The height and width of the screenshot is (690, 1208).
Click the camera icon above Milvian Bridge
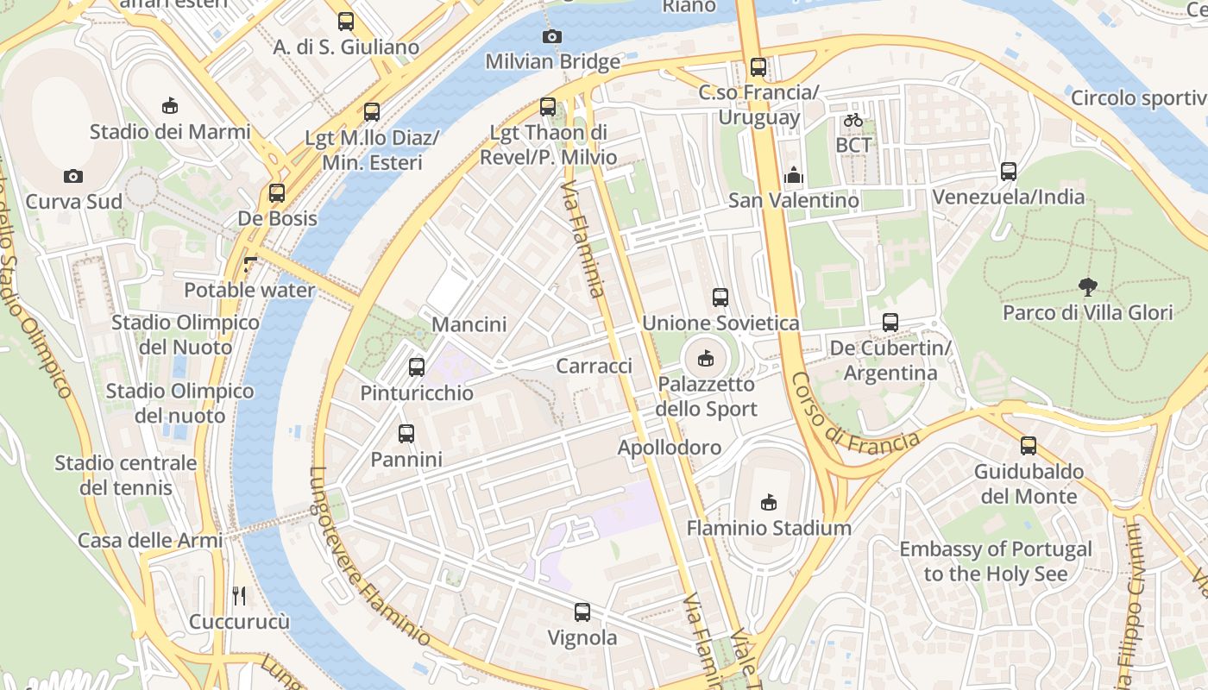point(551,36)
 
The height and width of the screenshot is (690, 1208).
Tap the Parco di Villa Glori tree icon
point(1087,286)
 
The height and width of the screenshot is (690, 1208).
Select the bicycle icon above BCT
point(853,120)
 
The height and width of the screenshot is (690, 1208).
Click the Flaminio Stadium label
point(769,528)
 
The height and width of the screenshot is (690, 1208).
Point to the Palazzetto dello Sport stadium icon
point(706,358)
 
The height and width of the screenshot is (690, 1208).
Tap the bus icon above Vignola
point(582,612)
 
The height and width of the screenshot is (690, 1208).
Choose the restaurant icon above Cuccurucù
point(239,595)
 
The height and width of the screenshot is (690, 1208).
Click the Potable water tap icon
point(250,265)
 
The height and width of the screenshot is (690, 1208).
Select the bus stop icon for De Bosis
point(277,193)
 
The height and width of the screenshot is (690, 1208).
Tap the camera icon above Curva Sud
point(73,176)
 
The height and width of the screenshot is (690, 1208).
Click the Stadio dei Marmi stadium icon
point(170,106)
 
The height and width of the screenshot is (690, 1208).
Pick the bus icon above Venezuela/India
point(1008,172)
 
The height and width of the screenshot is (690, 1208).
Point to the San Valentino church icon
point(793,175)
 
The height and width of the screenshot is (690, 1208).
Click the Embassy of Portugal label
point(995,561)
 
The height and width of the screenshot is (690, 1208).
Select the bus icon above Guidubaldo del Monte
point(1028,446)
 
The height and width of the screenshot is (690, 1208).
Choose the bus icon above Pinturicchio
point(417,367)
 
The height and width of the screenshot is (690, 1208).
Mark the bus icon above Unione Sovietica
point(720,298)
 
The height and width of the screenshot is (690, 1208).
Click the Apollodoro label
point(669,448)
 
